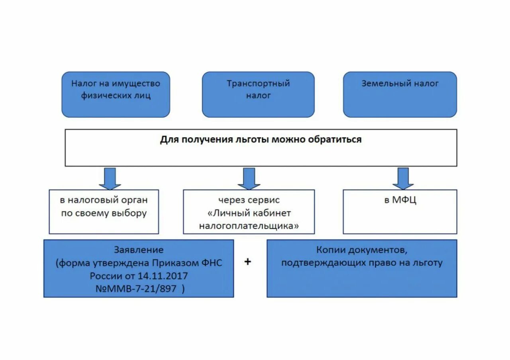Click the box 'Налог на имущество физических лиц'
(x=116, y=94)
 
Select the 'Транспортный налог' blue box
(x=258, y=94)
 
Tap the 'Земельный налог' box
(x=400, y=94)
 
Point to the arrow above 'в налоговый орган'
(x=110, y=179)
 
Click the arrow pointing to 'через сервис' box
(x=249, y=179)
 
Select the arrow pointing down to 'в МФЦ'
(x=403, y=179)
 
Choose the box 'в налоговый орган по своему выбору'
(x=104, y=211)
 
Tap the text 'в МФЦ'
(x=400, y=200)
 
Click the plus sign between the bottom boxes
(x=248, y=262)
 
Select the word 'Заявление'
(x=139, y=250)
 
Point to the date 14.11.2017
(x=163, y=276)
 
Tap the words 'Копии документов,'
(x=362, y=250)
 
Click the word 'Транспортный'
(x=258, y=84)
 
